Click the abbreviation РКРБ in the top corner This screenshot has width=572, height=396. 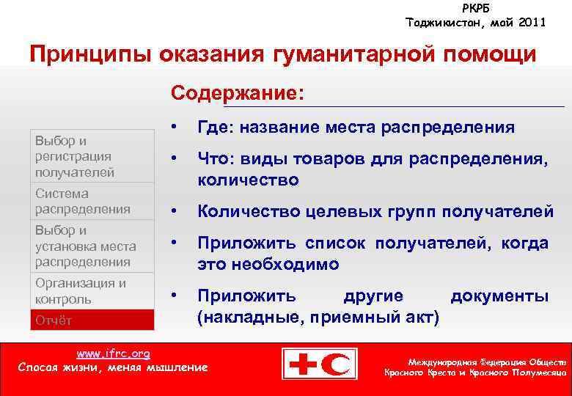476,8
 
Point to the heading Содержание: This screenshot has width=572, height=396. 237,94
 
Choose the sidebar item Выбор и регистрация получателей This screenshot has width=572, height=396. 74,156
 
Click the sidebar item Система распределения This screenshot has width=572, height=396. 82,201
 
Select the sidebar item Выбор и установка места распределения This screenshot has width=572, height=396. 85,246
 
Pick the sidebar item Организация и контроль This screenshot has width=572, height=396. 81,290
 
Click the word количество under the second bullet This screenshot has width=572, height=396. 248,179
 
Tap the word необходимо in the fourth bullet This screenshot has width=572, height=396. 268,263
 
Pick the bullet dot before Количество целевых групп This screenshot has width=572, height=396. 175,211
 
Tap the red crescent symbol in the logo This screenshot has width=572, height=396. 340,364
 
